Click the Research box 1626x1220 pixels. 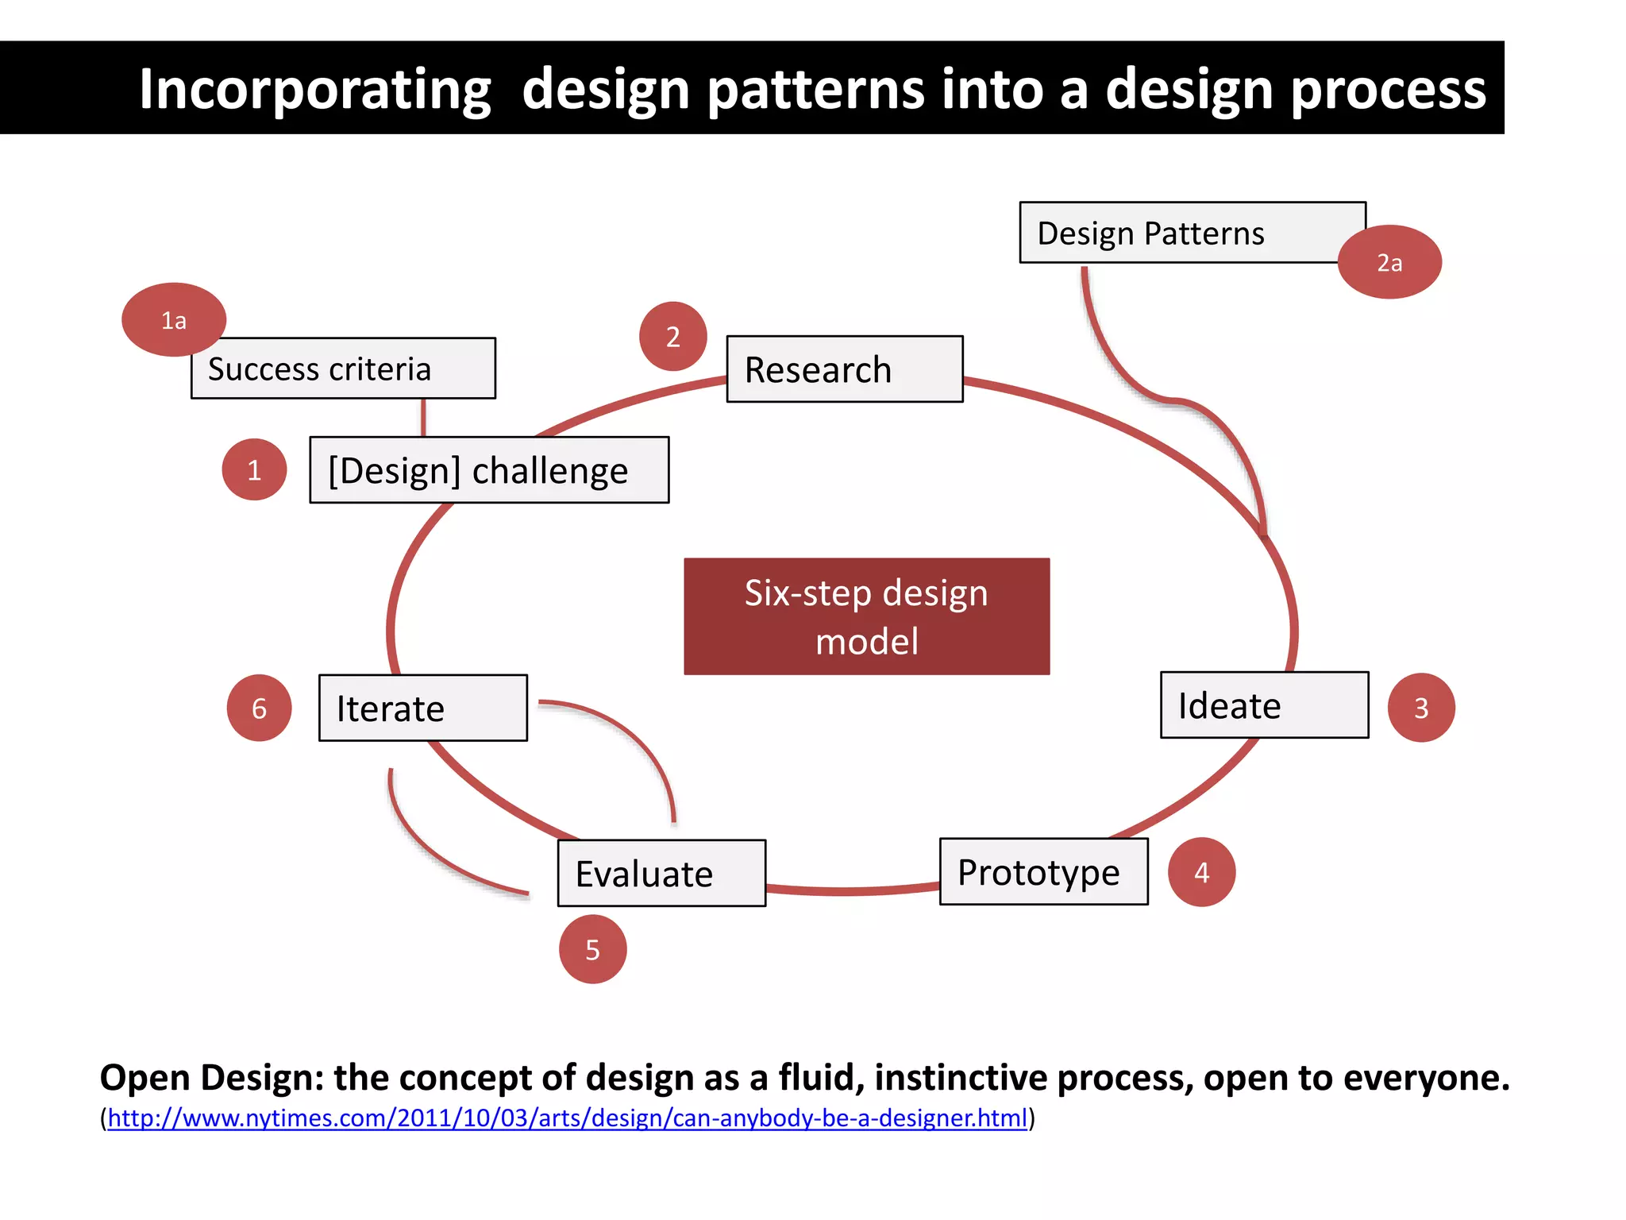tap(845, 369)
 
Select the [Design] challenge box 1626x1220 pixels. tap(489, 470)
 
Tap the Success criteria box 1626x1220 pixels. tap(343, 369)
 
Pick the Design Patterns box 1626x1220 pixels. tap(1183, 233)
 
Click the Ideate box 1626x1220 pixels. tap(1264, 705)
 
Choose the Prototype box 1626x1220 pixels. tap(1043, 872)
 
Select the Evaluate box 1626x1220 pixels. tap(661, 874)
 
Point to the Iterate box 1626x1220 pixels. tap(422, 708)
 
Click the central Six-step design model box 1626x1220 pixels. tap(866, 616)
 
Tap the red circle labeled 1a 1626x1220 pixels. tap(174, 319)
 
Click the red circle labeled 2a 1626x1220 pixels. tap(1389, 262)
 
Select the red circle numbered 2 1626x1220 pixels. tap(672, 337)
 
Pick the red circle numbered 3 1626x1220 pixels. tap(1421, 708)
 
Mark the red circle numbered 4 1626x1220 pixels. tap(1201, 872)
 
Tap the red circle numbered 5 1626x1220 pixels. tap(592, 950)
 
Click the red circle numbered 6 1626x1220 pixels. tap(259, 708)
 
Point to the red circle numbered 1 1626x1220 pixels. tap(254, 470)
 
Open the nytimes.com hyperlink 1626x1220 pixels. tap(567, 1118)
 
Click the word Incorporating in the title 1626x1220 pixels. tap(314, 89)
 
